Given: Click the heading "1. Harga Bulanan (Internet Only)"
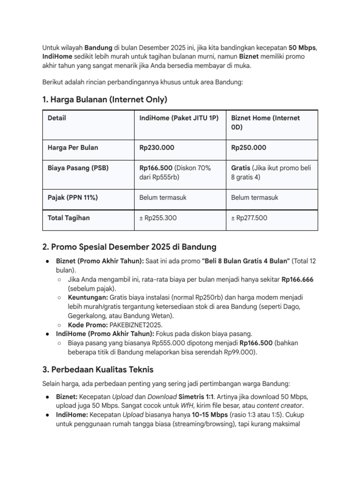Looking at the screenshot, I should (x=105, y=99).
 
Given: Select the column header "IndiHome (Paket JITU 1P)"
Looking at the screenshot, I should (x=179, y=118).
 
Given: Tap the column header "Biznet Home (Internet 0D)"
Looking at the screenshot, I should (x=265, y=122).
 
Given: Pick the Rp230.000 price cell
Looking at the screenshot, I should (x=157, y=148).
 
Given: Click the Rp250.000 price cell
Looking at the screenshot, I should (x=248, y=148).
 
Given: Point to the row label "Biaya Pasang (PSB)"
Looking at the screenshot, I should (x=78, y=168).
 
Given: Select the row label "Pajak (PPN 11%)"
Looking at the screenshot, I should (x=73, y=197).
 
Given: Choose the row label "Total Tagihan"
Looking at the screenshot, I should (x=69, y=217).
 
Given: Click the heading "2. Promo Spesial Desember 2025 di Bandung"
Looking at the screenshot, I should (x=129, y=247).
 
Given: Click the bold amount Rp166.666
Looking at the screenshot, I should (x=298, y=279).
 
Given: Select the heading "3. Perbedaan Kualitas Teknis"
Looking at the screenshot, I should (x=98, y=369).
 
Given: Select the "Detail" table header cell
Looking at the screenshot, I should (x=57, y=118).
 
